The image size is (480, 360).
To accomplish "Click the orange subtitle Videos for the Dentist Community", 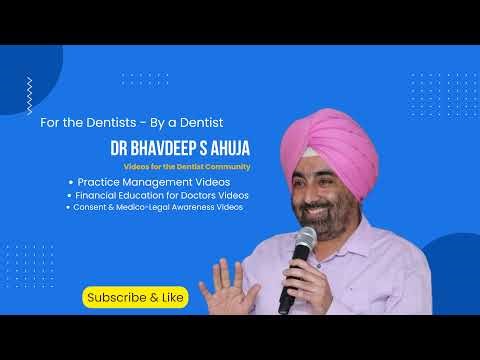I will (186, 165).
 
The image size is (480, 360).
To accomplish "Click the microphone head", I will (303, 240).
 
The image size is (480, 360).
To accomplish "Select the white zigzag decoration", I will (30, 95).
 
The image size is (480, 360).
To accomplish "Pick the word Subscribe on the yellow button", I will (111, 297).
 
